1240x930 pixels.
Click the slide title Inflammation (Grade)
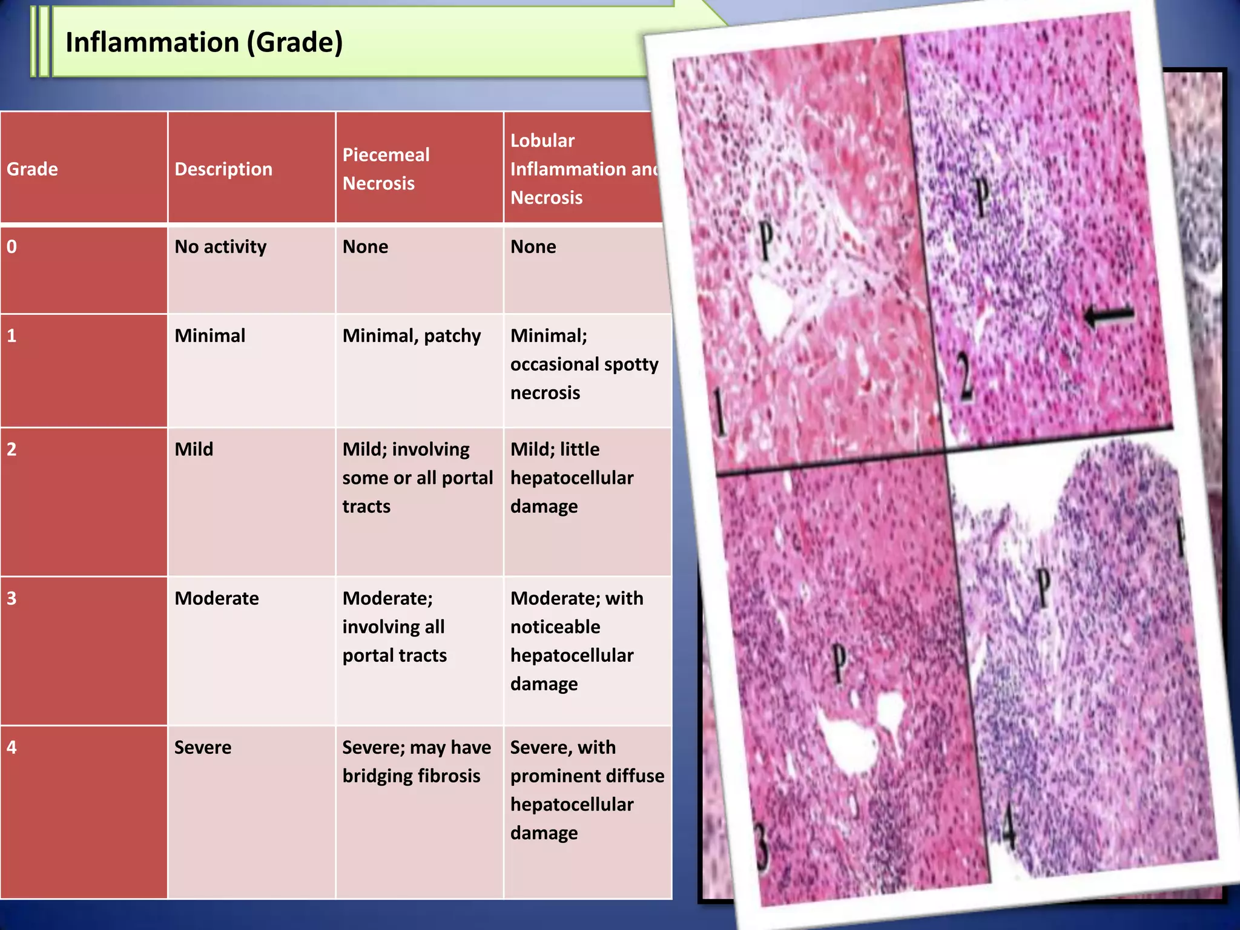click(x=204, y=42)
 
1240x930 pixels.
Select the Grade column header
click(x=32, y=169)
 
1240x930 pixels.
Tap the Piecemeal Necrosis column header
click(x=386, y=169)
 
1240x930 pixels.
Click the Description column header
click(x=223, y=169)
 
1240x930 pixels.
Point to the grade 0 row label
click(x=12, y=247)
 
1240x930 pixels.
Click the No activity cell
click(x=220, y=247)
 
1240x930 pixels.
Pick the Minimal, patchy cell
click(x=412, y=336)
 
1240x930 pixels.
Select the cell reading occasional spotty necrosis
click(x=584, y=364)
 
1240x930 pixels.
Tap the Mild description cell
click(x=194, y=449)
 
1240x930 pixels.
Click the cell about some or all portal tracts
click(x=417, y=478)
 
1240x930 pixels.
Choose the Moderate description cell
click(x=217, y=598)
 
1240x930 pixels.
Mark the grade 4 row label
click(x=12, y=747)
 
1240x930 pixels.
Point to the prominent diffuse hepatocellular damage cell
click(x=587, y=790)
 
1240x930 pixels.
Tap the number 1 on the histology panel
click(x=719, y=412)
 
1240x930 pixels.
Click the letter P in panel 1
click(x=766, y=241)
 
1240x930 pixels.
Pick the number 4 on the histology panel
click(x=1008, y=825)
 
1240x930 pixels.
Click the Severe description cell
click(x=203, y=747)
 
